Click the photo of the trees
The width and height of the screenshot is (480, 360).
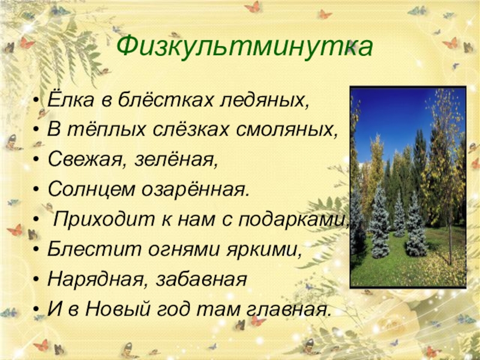tap(408, 187)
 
